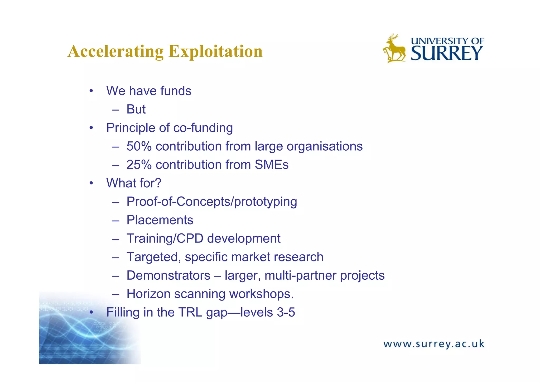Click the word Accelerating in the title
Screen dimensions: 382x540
115,51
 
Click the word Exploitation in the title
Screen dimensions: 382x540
215,51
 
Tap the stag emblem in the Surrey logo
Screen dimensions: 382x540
394,49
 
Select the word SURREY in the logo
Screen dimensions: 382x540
447,54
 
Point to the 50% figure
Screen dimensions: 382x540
139,146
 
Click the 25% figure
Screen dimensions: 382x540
139,165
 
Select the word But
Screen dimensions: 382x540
136,109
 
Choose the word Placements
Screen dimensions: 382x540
160,220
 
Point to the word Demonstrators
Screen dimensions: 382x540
168,275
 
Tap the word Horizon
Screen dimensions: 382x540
148,294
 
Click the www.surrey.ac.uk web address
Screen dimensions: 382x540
434,344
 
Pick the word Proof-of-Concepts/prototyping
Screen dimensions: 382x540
212,202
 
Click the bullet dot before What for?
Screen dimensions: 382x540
91,183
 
